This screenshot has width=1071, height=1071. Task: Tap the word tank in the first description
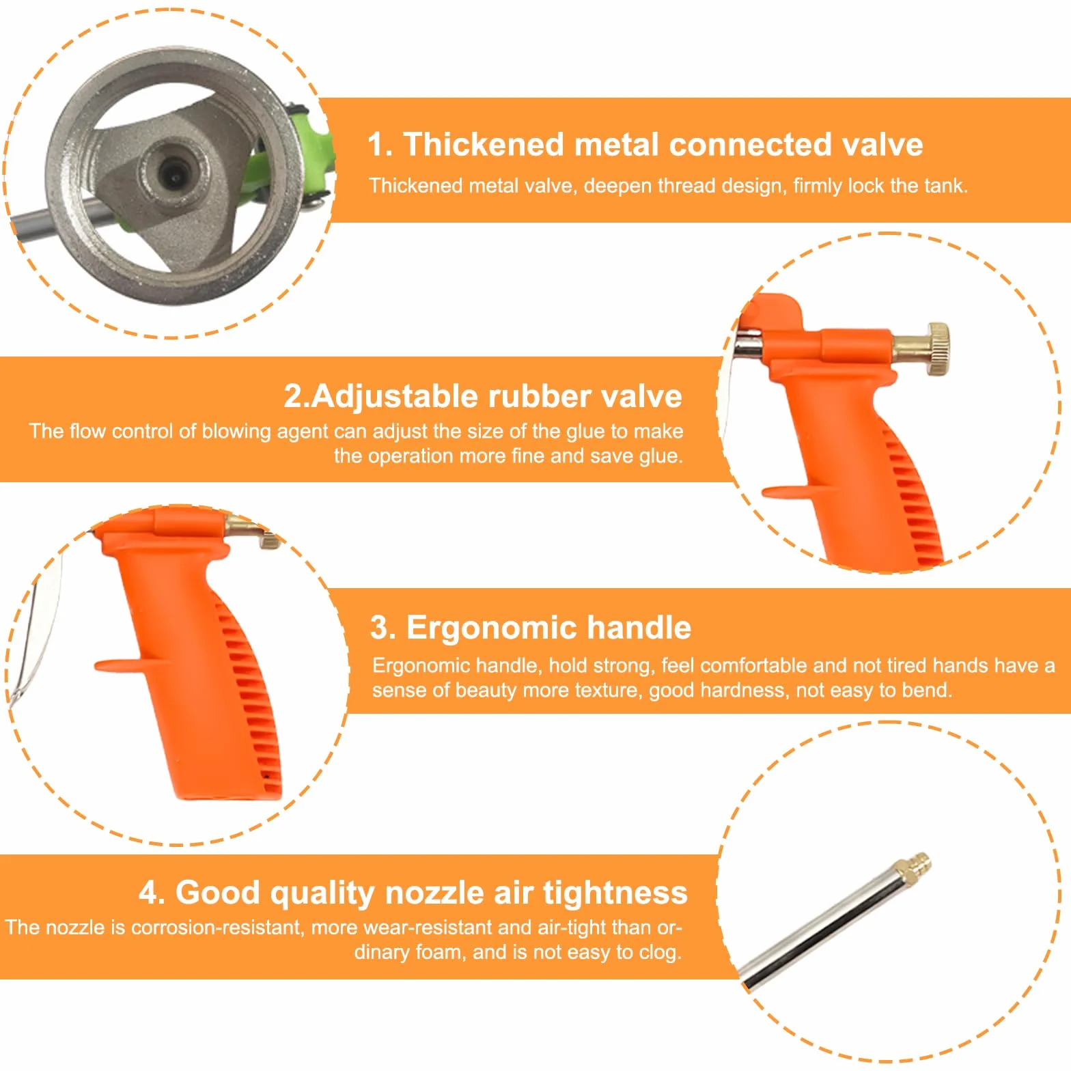pyautogui.click(x=946, y=186)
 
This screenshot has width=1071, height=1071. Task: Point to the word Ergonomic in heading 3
pyautogui.click(x=492, y=628)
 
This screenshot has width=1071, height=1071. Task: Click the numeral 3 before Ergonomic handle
pyautogui.click(x=379, y=628)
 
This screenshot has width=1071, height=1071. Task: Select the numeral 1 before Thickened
pyautogui.click(x=376, y=145)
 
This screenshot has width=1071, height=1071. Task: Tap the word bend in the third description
pyautogui.click(x=926, y=690)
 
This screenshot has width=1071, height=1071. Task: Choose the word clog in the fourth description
pyautogui.click(x=660, y=953)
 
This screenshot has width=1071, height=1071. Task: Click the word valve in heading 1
pyautogui.click(x=882, y=145)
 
